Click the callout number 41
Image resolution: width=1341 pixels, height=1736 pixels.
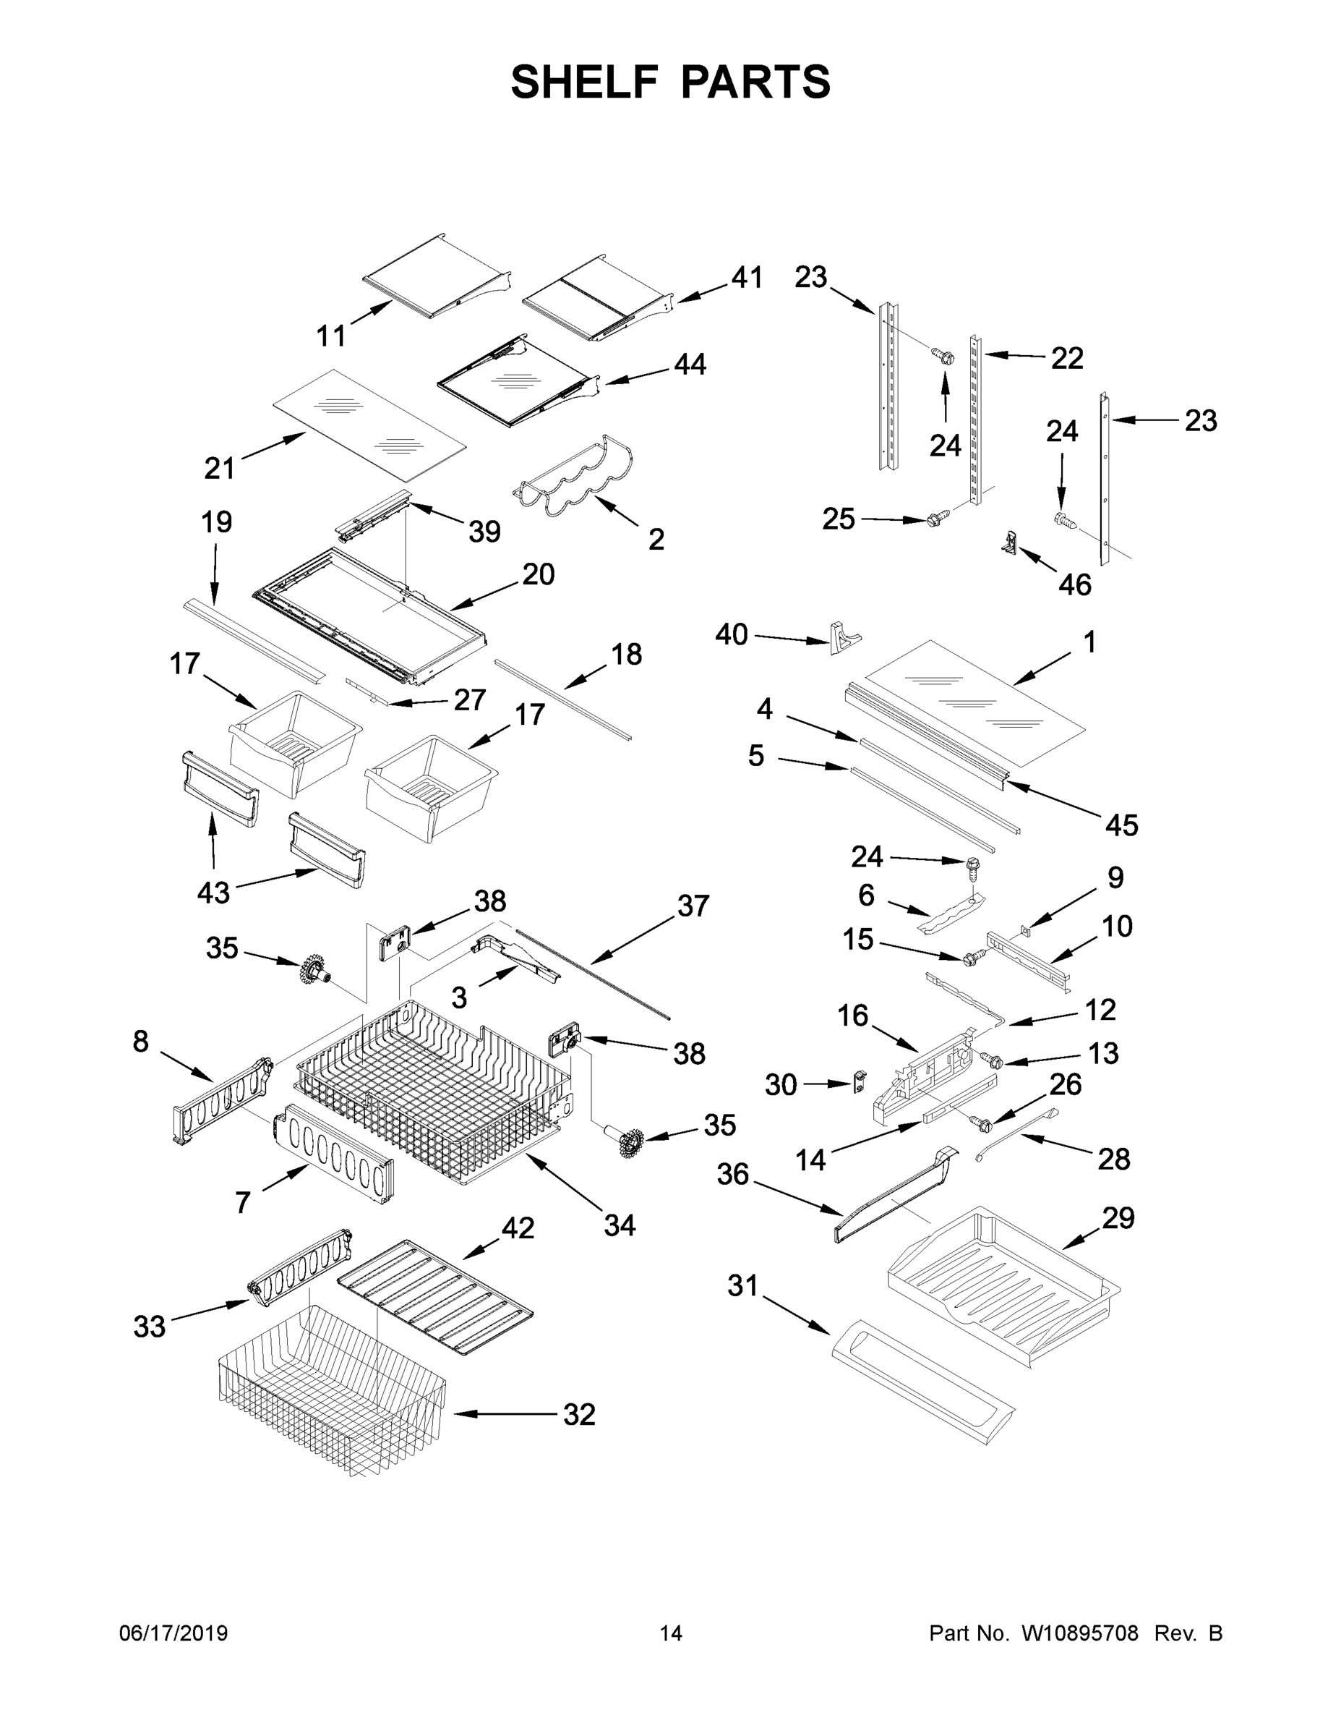[747, 278]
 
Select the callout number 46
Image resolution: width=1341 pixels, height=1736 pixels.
[1075, 585]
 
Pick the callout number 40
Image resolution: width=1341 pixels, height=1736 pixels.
[731, 634]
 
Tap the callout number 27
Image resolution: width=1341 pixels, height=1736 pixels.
[469, 699]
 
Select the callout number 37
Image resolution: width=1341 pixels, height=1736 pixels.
[693, 906]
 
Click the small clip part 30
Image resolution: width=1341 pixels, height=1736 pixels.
[860, 1082]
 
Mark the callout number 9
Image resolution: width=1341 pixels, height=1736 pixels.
[1115, 877]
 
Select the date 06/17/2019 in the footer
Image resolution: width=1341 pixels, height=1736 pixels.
[173, 1633]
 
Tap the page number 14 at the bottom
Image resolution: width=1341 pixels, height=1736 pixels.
[671, 1633]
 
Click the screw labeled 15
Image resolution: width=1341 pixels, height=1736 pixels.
[971, 958]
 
